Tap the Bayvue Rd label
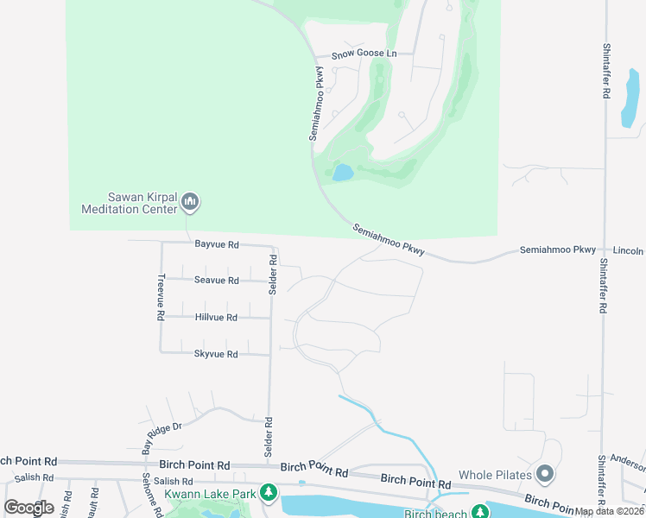coord(216,244)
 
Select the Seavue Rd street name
coord(216,281)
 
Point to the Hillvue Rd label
coord(216,318)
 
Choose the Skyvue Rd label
coord(216,354)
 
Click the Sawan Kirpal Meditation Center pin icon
coord(191,203)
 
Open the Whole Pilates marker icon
coord(544,474)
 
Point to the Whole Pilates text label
coord(493,475)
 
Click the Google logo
coord(28,507)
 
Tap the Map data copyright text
coord(609,511)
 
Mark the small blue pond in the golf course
coord(343,173)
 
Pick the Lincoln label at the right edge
coord(630,250)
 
